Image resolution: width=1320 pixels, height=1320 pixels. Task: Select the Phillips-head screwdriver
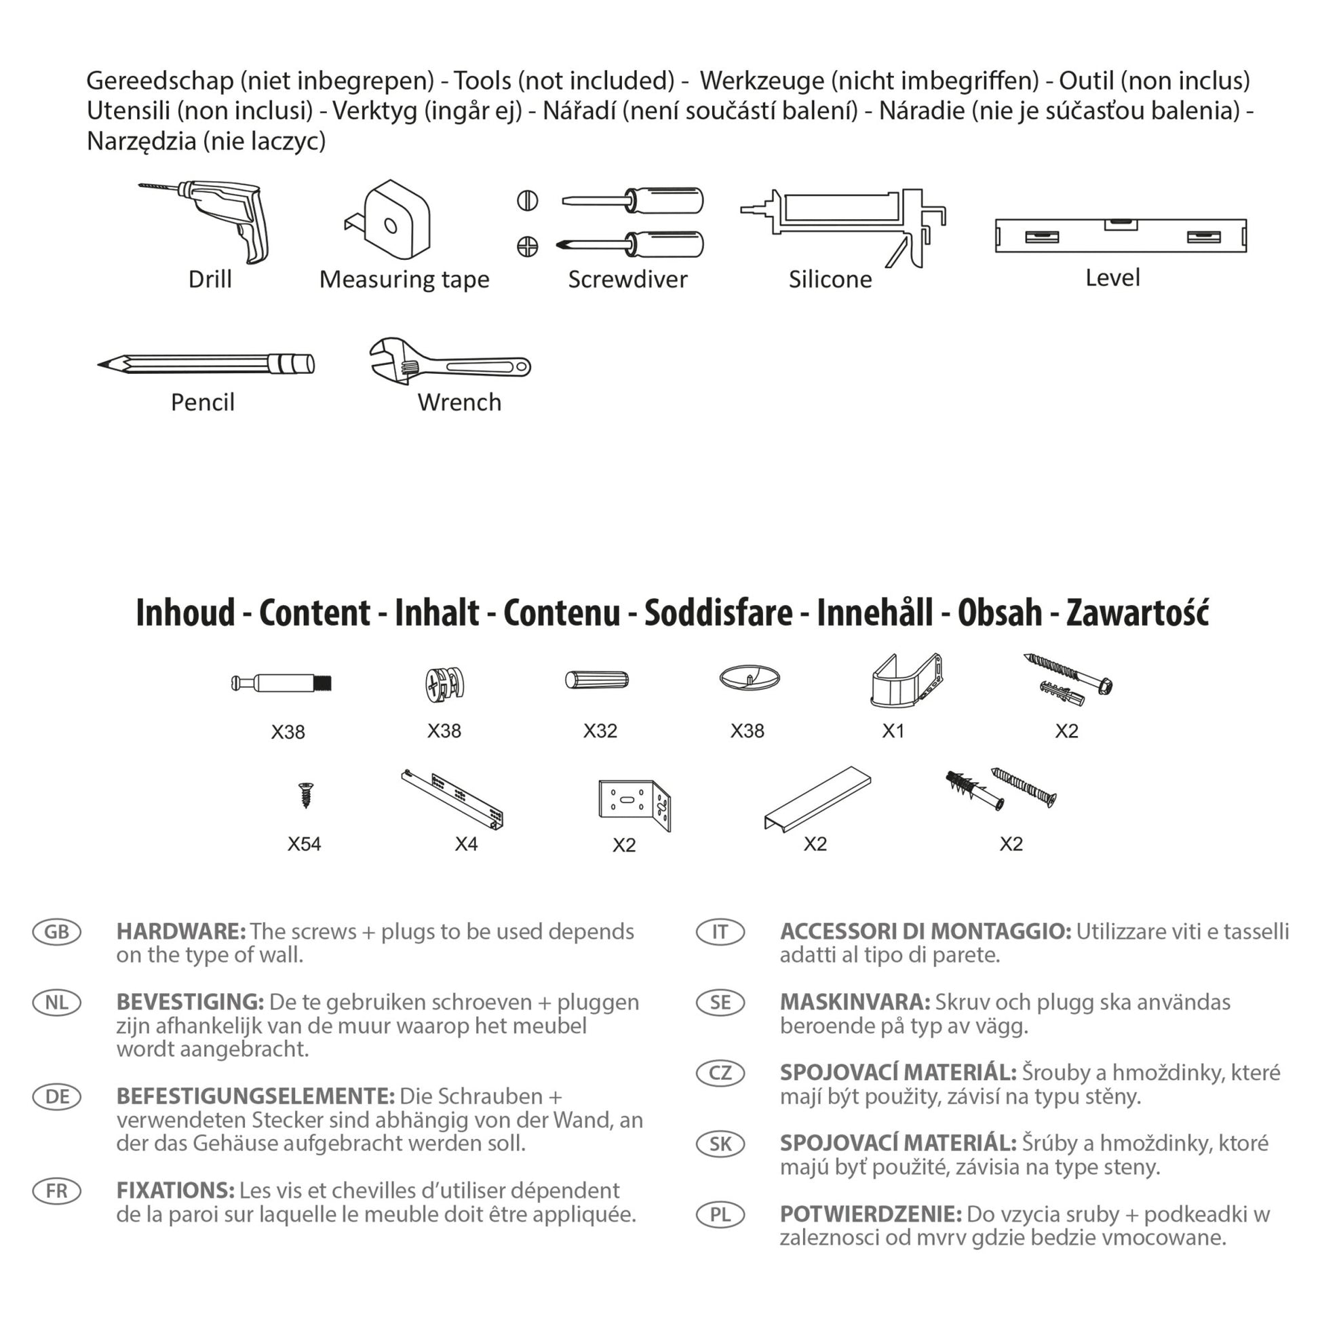(x=632, y=245)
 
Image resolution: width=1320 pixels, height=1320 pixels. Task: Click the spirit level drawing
(x=1121, y=236)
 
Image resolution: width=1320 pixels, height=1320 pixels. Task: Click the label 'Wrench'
(x=459, y=402)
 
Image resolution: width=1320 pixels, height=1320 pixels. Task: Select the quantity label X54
(x=304, y=845)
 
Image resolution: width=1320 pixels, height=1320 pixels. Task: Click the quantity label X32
(x=600, y=731)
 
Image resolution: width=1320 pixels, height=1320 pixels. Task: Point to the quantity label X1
(x=893, y=731)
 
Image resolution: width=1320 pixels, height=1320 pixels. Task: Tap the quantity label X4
(x=466, y=845)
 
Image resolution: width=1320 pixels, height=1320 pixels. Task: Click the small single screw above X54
(x=305, y=794)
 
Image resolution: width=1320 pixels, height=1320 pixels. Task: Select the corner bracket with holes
(x=634, y=804)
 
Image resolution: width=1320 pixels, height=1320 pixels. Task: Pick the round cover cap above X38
(x=750, y=678)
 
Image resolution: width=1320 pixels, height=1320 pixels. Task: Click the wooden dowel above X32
(x=596, y=680)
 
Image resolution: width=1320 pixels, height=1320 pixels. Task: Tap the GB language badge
(x=57, y=932)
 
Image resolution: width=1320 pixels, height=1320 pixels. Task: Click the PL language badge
(x=720, y=1215)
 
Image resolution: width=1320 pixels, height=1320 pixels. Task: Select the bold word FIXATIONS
(x=176, y=1191)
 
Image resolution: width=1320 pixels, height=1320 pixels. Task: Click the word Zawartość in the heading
(x=1138, y=613)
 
